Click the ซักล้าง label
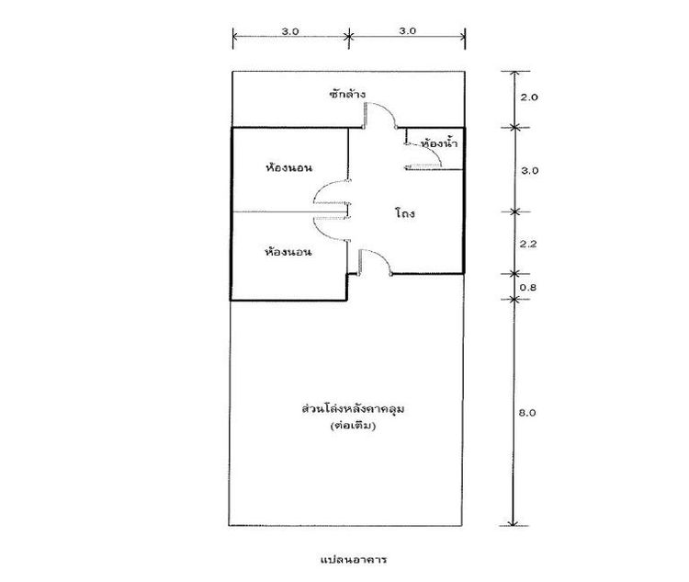click(x=347, y=94)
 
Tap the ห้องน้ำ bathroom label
click(x=439, y=143)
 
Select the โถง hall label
click(x=405, y=213)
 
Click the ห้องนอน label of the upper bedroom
click(x=288, y=167)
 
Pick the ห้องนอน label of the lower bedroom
click(x=288, y=252)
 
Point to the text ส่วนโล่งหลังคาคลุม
click(x=354, y=408)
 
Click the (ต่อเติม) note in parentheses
click(x=353, y=426)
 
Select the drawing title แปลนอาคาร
click(x=354, y=560)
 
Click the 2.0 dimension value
click(x=529, y=97)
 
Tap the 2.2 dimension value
click(x=528, y=244)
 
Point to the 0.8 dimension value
click(x=528, y=287)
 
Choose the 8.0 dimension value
click(x=527, y=413)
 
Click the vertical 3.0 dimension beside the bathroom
click(x=529, y=170)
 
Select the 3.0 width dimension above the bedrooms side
click(x=290, y=31)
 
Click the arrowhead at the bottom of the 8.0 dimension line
click(x=514, y=523)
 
